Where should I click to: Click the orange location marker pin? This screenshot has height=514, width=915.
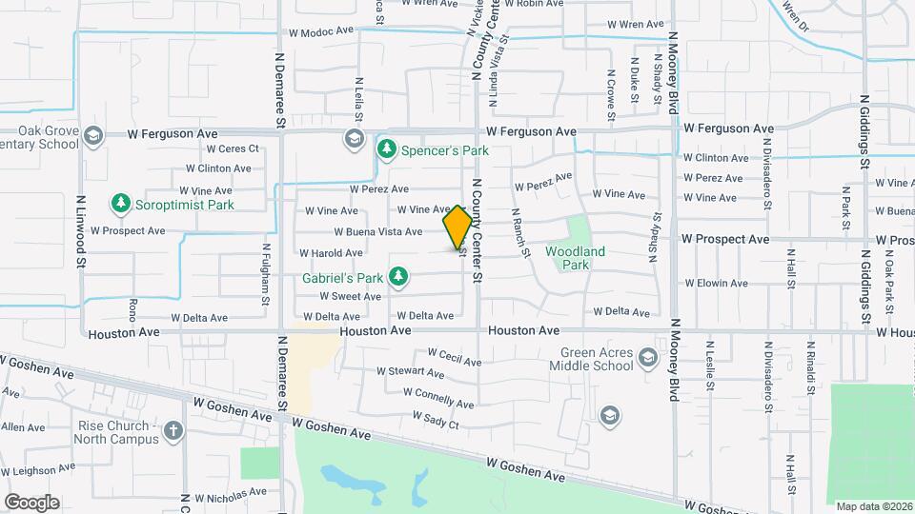click(457, 227)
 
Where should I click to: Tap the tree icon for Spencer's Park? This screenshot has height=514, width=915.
click(386, 148)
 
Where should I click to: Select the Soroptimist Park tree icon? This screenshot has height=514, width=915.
click(120, 203)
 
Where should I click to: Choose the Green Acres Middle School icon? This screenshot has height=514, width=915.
click(648, 358)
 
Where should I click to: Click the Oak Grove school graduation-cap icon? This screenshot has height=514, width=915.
click(92, 138)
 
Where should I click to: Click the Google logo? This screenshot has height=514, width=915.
click(30, 503)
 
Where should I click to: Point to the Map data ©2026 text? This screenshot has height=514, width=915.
click(873, 506)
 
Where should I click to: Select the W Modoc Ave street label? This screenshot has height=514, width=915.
click(321, 32)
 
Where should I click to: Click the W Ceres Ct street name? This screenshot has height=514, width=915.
click(226, 148)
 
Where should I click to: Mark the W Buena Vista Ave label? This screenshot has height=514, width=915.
click(377, 231)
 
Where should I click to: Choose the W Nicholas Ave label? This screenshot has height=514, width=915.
click(231, 495)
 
